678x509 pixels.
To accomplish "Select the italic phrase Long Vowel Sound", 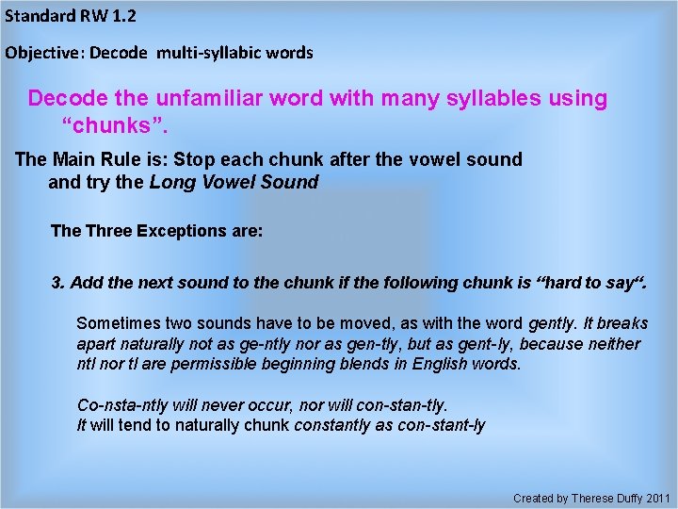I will [234, 182].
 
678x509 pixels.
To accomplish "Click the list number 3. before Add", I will [57, 283].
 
